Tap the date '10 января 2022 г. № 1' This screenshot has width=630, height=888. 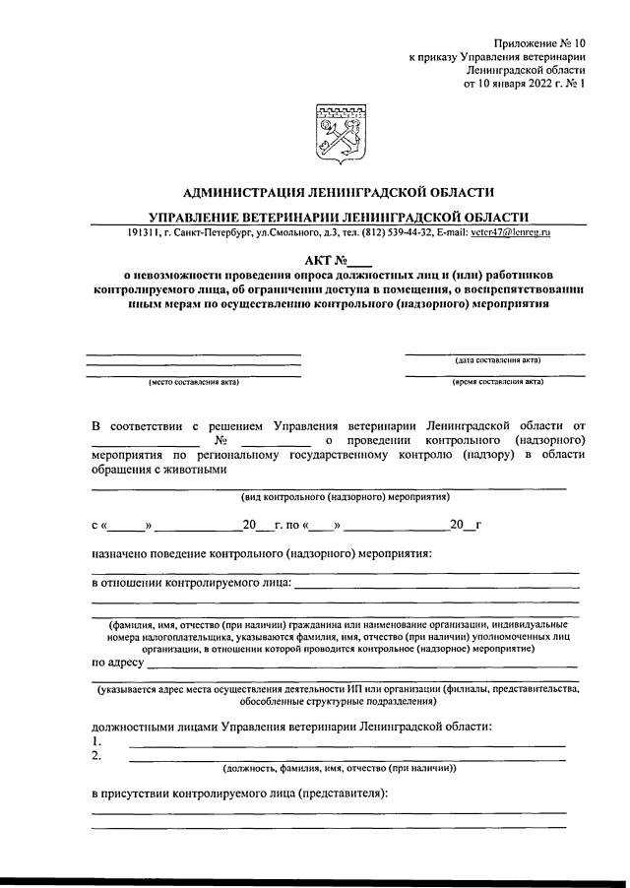pyautogui.click(x=525, y=85)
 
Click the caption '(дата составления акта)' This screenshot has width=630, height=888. pyautogui.click(x=497, y=361)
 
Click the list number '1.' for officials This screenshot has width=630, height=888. pyautogui.click(x=96, y=739)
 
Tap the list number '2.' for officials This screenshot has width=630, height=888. pyautogui.click(x=96, y=754)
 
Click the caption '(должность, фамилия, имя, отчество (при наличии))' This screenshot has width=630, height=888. pyautogui.click(x=339, y=768)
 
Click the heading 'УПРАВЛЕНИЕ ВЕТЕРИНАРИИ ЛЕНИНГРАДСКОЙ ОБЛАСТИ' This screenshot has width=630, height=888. pyautogui.click(x=339, y=216)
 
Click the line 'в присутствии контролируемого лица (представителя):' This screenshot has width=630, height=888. pyautogui.click(x=240, y=793)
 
